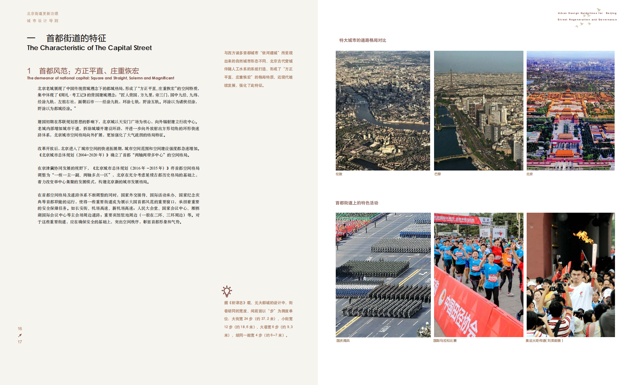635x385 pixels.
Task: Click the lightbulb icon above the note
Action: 227,291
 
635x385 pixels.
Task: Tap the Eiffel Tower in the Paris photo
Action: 451,82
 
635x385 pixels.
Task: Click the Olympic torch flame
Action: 584,237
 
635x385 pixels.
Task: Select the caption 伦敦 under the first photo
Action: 339,174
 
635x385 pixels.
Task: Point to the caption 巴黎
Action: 438,174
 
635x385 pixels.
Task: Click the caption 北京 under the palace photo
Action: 530,174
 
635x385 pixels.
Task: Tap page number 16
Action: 20,329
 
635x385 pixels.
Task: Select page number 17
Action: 20,342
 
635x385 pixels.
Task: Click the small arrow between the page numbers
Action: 20,335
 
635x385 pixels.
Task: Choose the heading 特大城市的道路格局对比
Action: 363,40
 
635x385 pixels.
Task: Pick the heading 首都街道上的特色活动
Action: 356,203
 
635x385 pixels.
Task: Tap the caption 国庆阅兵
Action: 343,341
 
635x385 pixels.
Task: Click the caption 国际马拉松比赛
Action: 445,341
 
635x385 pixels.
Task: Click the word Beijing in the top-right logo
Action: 611,13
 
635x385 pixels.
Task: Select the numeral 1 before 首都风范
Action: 29,71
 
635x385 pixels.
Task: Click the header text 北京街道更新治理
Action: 42,14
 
